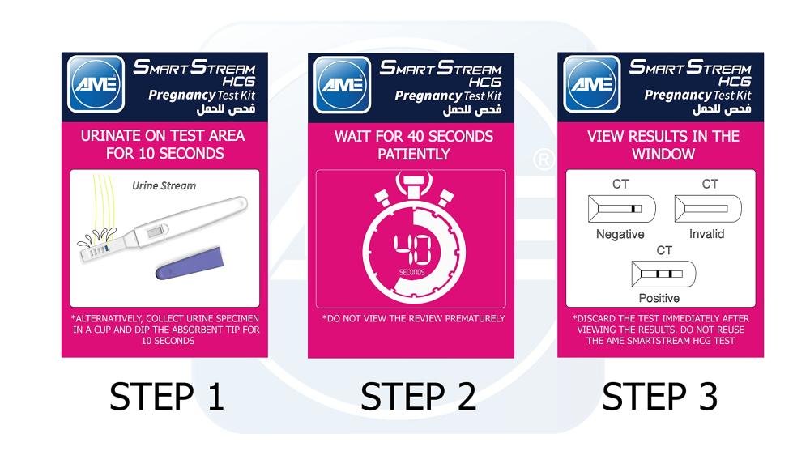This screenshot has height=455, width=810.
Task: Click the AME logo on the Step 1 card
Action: (96, 83)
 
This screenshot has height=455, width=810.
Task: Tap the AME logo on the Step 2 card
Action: (343, 84)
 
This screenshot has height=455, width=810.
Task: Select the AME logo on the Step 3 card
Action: (592, 83)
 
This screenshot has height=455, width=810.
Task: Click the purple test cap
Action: (190, 263)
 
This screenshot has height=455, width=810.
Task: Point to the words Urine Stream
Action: (164, 186)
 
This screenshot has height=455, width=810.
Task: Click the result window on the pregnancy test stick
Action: (158, 231)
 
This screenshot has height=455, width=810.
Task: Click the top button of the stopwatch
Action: (414, 185)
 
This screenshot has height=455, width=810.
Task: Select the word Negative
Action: (620, 234)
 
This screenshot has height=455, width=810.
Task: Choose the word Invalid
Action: (706, 234)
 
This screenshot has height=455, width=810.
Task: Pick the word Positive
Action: (659, 298)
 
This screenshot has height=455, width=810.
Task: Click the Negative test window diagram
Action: (622, 209)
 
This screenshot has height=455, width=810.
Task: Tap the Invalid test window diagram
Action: (708, 209)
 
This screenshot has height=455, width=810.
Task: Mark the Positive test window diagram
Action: (664, 274)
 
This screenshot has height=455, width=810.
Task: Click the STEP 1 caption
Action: (166, 397)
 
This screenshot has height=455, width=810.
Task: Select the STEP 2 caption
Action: (418, 397)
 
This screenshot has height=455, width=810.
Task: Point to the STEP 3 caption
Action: (659, 397)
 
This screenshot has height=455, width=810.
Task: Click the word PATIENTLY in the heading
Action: (414, 155)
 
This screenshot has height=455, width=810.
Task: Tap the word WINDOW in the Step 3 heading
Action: (663, 155)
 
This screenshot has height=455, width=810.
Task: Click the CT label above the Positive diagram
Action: (664, 250)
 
